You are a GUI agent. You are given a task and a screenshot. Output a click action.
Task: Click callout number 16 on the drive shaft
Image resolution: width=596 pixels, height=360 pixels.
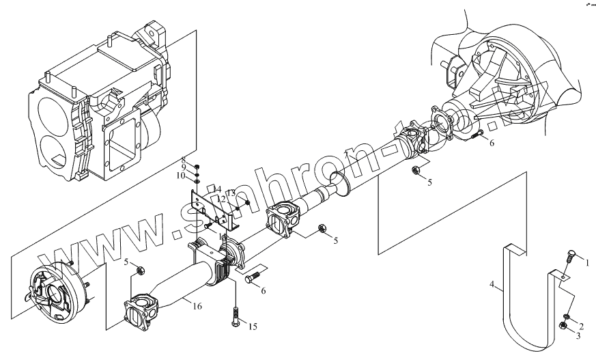coord(197,307)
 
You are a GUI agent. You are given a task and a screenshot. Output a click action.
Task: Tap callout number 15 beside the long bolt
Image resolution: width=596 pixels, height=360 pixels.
coord(252,327)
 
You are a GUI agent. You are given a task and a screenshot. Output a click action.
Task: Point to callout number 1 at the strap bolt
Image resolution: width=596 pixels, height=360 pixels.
coord(584,260)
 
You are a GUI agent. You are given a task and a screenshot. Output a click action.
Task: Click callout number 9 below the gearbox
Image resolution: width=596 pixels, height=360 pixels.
coord(183,167)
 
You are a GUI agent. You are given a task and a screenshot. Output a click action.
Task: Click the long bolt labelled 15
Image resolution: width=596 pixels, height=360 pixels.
coord(236,316)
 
